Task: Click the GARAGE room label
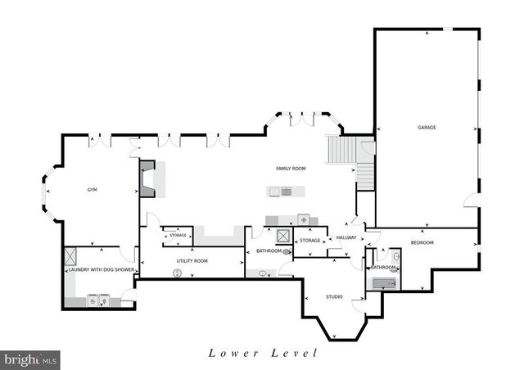(x=427, y=128)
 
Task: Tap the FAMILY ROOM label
(x=291, y=168)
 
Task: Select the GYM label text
(x=93, y=189)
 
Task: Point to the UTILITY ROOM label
(x=192, y=260)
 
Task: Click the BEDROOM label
(x=422, y=242)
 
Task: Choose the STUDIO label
(x=334, y=296)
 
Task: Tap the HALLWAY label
(x=345, y=238)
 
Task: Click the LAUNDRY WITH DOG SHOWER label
(x=101, y=269)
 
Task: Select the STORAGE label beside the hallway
(x=309, y=241)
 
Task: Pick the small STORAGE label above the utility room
(x=178, y=236)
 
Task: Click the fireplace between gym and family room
(x=147, y=178)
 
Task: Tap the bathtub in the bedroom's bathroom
(x=383, y=284)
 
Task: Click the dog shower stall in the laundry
(x=71, y=254)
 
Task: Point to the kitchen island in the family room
(x=287, y=192)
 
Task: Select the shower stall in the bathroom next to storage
(x=283, y=236)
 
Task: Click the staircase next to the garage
(x=339, y=150)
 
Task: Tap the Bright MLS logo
(x=31, y=359)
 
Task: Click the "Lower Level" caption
(x=262, y=354)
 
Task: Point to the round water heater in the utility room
(x=175, y=272)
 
